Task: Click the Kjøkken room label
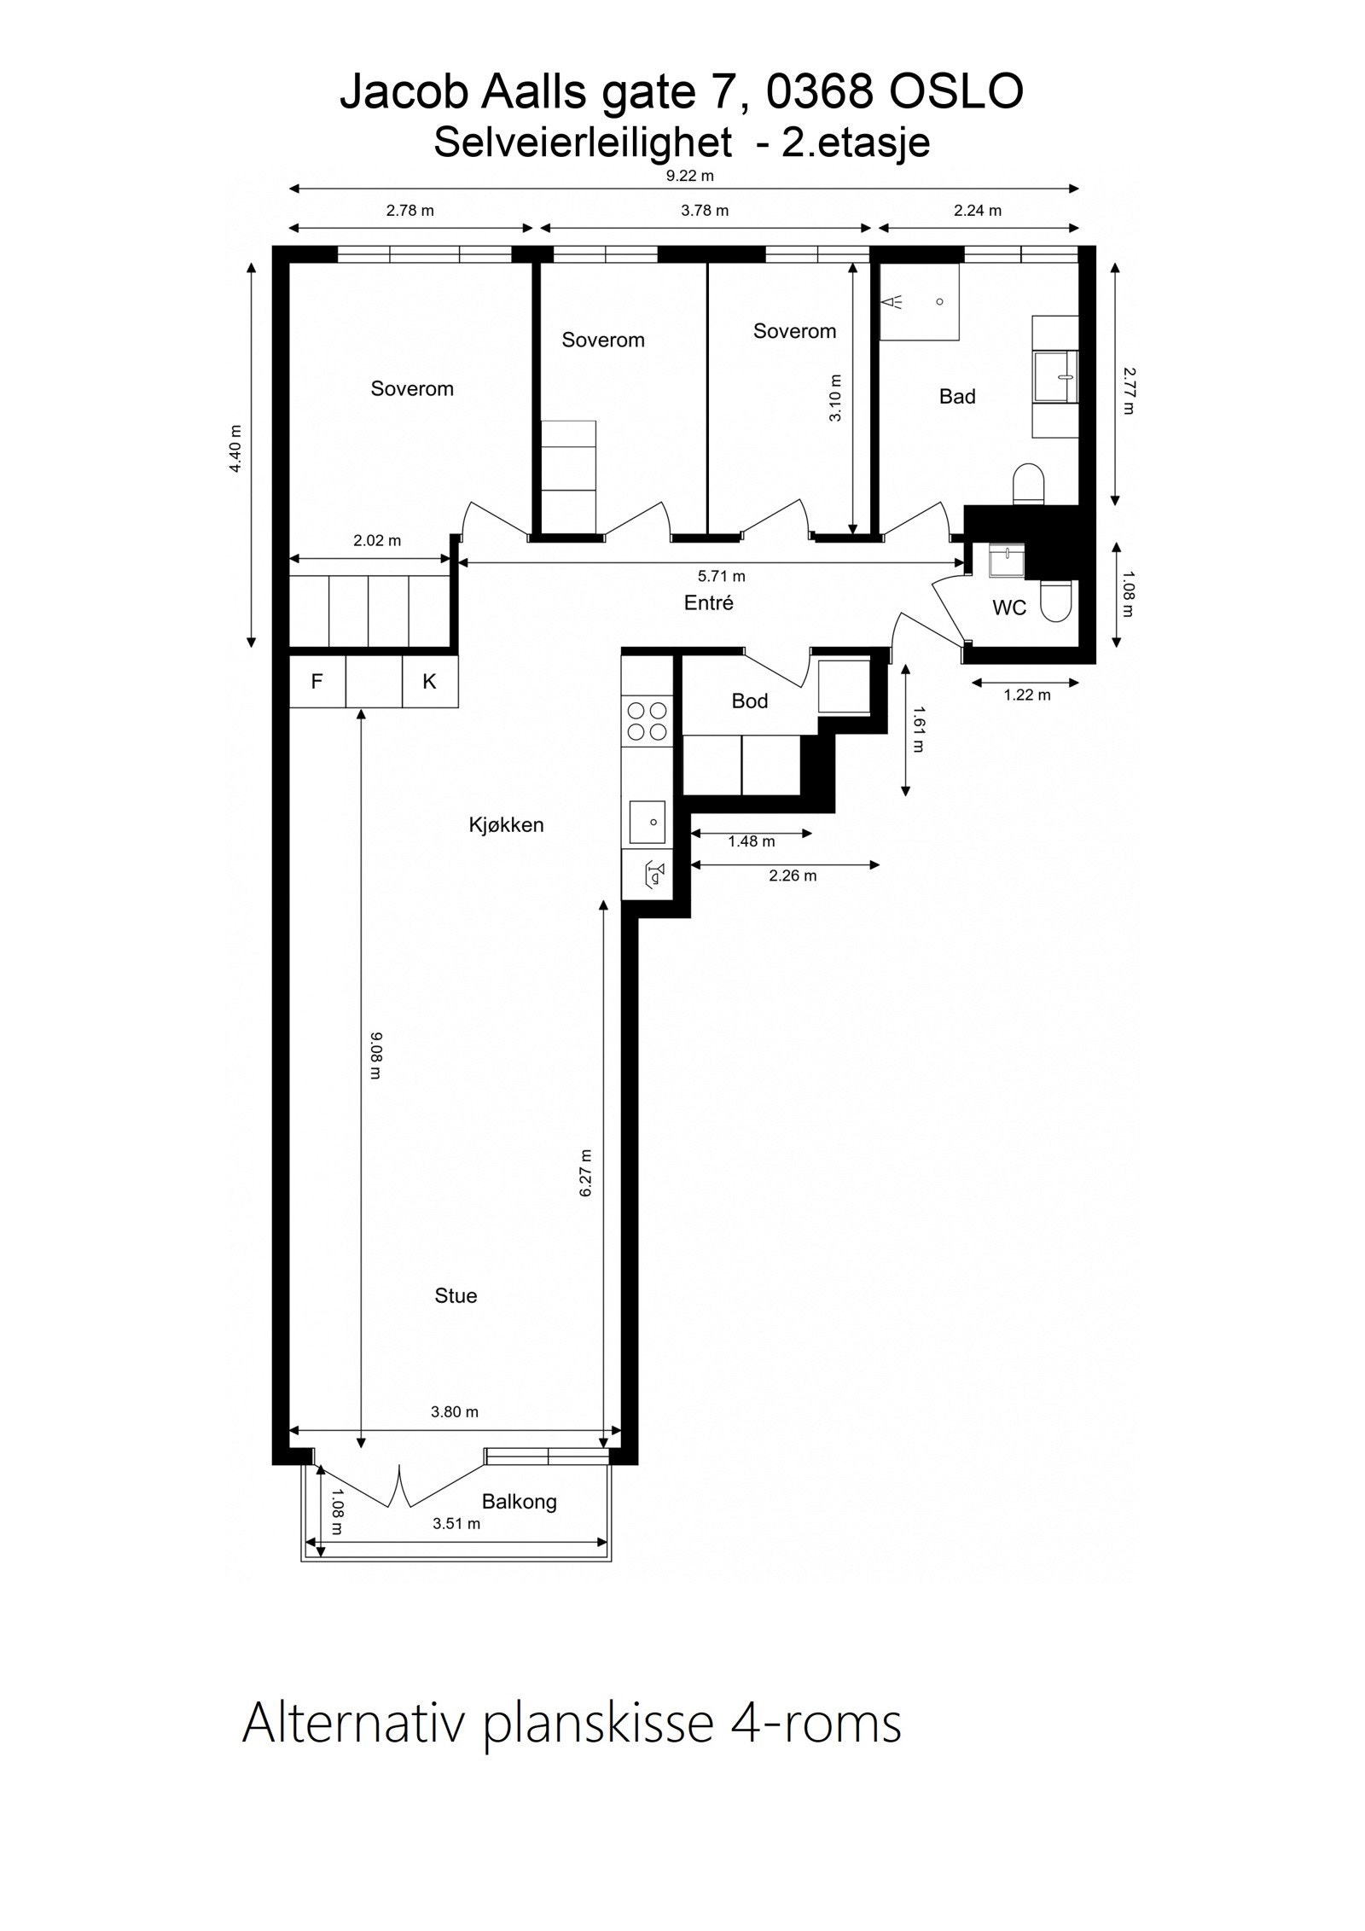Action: pyautogui.click(x=506, y=825)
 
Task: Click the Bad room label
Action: pyautogui.click(x=956, y=396)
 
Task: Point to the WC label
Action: pyautogui.click(x=1008, y=608)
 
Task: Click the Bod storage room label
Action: pyautogui.click(x=749, y=701)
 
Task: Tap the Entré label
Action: pyautogui.click(x=708, y=603)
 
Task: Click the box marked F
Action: pyautogui.click(x=317, y=681)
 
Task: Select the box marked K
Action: pyautogui.click(x=430, y=681)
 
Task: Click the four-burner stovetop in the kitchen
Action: pyautogui.click(x=648, y=721)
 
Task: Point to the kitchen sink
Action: pyautogui.click(x=648, y=823)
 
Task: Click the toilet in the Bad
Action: pyautogui.click(x=1029, y=484)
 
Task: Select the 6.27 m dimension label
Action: pyautogui.click(x=585, y=1172)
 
